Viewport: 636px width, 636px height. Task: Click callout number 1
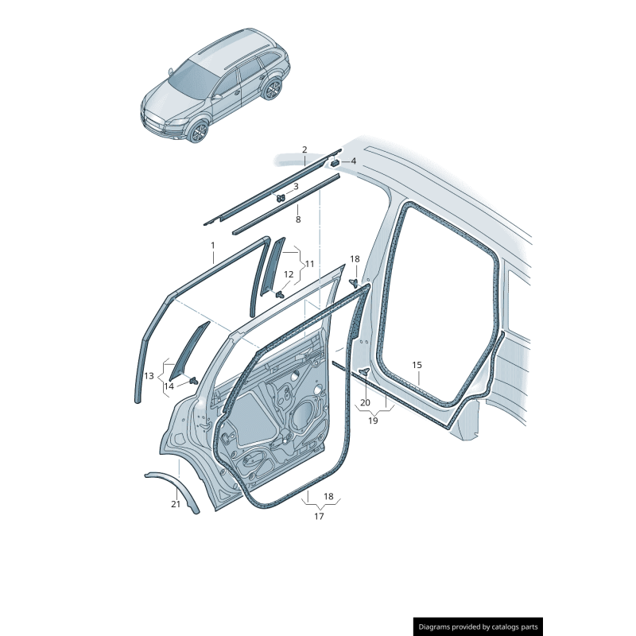click(x=212, y=246)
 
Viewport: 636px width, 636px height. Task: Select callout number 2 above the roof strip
click(x=304, y=149)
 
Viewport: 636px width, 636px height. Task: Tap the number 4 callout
click(x=353, y=161)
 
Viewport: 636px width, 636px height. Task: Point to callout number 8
click(x=298, y=219)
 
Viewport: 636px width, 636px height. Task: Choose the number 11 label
click(x=309, y=264)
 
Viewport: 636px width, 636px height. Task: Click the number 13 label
click(x=149, y=376)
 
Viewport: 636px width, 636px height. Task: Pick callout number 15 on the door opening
click(x=417, y=365)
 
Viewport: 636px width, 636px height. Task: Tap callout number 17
click(x=320, y=516)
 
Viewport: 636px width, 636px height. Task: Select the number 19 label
click(x=373, y=421)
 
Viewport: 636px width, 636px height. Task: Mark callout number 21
click(x=175, y=504)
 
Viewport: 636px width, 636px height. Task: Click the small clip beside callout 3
click(x=281, y=198)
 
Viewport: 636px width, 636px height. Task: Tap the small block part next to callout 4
click(x=335, y=163)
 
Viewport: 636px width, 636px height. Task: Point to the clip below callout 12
click(x=280, y=294)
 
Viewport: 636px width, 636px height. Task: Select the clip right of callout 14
click(x=194, y=382)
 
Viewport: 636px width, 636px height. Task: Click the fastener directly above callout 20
click(x=365, y=371)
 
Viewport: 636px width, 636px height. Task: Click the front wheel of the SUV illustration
click(x=199, y=132)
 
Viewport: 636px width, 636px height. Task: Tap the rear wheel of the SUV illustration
click(x=272, y=90)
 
